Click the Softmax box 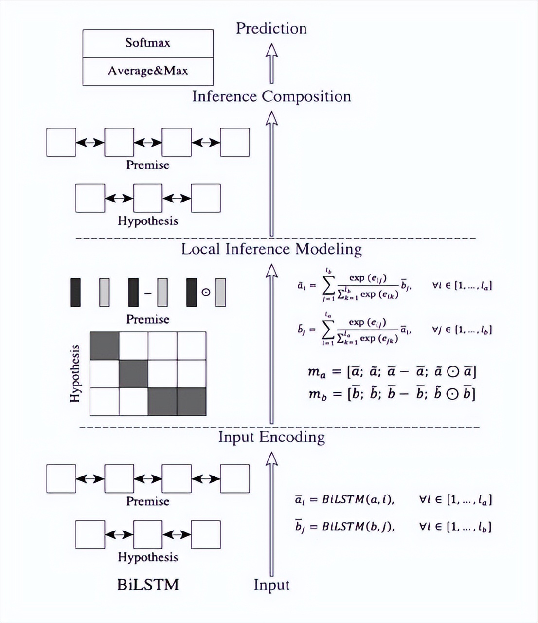pos(147,43)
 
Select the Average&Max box pos(147,71)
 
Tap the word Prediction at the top pos(271,28)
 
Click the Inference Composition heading pos(271,96)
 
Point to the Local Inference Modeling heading pos(271,249)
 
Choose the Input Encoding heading pos(271,437)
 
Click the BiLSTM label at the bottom pos(148,584)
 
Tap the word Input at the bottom pos(271,585)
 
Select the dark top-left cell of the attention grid pos(105,346)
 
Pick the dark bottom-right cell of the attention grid pos(191,402)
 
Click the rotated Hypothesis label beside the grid pos(75,373)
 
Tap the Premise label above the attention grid pos(148,319)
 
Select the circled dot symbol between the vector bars pos(206,293)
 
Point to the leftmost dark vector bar pos(75,292)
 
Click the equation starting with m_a pos(392,372)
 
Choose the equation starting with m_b pos(392,393)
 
